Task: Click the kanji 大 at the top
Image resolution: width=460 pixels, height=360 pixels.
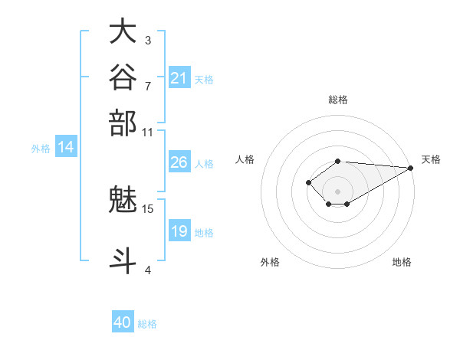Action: [123, 31]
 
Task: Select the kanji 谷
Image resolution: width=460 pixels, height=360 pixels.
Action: [123, 77]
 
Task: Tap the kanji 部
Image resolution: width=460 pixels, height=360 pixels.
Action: [123, 123]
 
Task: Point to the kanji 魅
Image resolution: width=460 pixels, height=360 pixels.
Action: [123, 199]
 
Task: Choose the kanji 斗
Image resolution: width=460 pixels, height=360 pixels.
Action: [123, 260]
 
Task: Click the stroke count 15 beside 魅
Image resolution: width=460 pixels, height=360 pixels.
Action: [147, 209]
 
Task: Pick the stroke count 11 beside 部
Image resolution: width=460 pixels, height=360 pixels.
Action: [147, 133]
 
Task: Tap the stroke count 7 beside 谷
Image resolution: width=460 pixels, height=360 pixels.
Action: [148, 87]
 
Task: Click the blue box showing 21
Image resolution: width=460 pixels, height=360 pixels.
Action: [179, 77]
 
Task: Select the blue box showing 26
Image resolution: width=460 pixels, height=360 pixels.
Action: [179, 162]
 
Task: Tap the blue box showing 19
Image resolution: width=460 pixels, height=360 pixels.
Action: [179, 230]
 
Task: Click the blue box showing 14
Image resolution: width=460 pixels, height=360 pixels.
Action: [66, 146]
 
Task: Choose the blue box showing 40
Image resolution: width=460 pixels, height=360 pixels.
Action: [123, 321]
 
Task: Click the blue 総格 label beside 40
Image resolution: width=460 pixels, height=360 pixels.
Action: [147, 324]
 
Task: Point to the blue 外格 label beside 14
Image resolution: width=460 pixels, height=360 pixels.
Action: [41, 149]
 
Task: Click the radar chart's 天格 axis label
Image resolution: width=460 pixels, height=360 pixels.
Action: [431, 159]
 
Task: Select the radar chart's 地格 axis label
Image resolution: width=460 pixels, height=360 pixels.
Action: [402, 262]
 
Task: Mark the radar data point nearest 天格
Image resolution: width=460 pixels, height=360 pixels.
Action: [411, 168]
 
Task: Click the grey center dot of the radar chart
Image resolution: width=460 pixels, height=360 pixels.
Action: [337, 191]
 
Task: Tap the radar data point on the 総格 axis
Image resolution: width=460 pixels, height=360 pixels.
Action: [337, 162]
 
